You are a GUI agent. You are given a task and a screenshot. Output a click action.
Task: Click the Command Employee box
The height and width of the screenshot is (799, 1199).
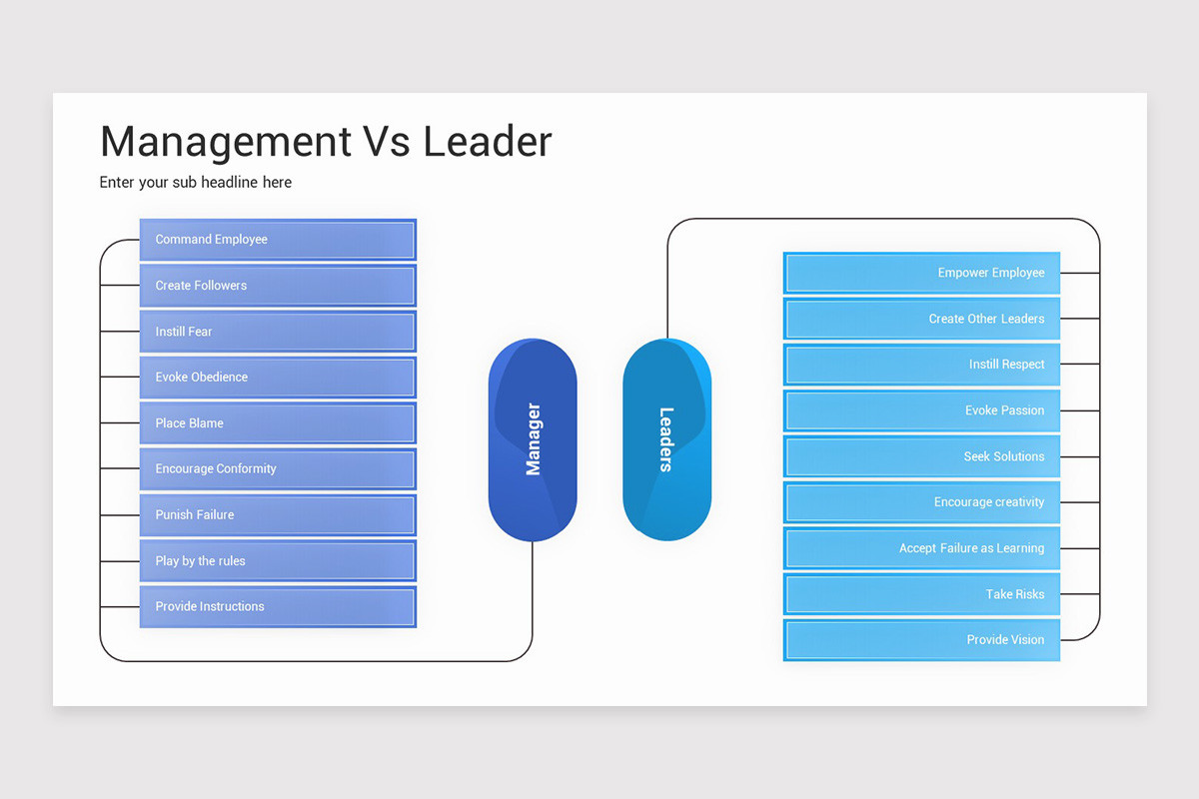278,240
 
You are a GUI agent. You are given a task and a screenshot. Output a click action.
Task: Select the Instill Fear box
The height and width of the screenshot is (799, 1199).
278,332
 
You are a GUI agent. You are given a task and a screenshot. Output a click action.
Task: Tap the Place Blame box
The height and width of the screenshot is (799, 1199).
278,423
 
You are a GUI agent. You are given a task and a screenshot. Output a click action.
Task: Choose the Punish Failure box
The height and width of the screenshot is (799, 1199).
278,515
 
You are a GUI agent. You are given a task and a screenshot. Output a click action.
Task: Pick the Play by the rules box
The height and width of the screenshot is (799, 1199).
278,561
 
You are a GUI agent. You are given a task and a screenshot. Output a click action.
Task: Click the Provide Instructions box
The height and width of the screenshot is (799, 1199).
278,607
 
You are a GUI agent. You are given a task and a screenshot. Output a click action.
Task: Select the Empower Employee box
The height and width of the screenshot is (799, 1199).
921,273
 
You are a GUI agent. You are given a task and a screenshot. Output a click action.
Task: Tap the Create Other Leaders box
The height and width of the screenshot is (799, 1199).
921,319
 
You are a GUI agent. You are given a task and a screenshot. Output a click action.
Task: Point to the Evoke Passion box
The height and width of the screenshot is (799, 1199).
921,410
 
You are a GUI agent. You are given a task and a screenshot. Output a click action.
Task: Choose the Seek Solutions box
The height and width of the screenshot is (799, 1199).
921,456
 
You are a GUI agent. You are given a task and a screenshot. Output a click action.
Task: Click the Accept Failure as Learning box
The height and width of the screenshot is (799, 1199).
921,548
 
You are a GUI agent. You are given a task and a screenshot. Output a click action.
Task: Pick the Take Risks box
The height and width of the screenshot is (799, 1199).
921,594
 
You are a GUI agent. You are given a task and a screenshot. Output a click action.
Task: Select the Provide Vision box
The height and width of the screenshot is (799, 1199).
921,640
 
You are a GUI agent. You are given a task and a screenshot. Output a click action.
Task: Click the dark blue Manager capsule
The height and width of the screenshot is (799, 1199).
533,439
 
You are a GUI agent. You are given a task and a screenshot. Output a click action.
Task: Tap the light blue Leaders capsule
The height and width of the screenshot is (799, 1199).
666,439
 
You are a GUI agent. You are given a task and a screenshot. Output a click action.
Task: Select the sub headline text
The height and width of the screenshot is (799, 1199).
196,183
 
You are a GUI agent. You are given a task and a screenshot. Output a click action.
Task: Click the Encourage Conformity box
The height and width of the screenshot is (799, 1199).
278,469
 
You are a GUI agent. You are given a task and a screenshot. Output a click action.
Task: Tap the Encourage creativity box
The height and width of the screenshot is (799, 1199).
921,502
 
